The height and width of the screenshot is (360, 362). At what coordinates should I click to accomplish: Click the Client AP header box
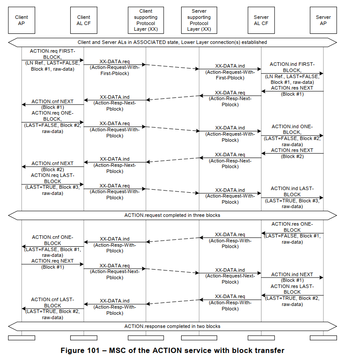[22, 20]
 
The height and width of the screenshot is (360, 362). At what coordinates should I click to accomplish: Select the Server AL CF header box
[261, 20]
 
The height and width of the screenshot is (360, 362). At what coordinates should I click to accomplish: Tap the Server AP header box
[323, 20]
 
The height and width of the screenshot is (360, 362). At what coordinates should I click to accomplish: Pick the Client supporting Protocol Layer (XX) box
[146, 20]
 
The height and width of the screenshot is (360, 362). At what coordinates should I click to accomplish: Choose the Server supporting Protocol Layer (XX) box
[199, 20]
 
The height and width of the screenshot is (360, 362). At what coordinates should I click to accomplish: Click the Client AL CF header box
[84, 20]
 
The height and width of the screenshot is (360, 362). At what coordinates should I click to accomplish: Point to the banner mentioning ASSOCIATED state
[172, 43]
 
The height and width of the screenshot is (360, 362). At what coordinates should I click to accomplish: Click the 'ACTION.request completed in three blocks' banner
[172, 215]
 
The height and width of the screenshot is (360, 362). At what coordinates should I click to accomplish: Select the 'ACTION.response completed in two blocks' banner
[172, 326]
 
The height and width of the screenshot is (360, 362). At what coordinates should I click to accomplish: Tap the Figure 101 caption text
[172, 350]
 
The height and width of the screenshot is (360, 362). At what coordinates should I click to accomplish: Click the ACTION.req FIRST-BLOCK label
[53, 54]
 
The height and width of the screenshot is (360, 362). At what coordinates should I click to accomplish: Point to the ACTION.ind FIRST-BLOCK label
[292, 67]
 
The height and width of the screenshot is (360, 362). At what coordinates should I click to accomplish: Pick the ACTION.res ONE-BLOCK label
[292, 227]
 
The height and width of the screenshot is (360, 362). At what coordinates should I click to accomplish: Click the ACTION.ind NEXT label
[292, 274]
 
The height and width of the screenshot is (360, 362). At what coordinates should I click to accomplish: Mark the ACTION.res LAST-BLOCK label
[292, 289]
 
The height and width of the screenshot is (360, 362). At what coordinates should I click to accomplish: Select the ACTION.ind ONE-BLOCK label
[292, 129]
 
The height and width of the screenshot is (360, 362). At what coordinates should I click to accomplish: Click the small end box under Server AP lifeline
[323, 338]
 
